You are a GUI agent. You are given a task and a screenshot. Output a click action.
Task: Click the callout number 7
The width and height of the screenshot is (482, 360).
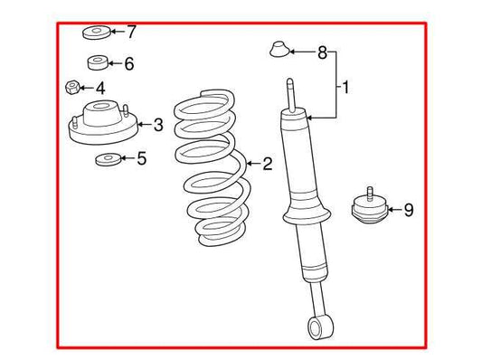tap(131, 33)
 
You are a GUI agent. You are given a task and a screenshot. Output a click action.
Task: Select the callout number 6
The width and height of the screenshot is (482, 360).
tap(129, 63)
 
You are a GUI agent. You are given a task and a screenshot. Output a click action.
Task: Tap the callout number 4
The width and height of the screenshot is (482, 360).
tap(100, 89)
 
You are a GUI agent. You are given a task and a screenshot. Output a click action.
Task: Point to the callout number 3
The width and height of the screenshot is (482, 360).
tap(157, 125)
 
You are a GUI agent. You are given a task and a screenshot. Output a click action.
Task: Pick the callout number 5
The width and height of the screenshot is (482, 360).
tap(141, 160)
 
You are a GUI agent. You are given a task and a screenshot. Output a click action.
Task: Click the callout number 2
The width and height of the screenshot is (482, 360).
tap(267, 164)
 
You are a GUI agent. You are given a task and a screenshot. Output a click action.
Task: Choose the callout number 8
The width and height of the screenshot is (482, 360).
tap(321, 53)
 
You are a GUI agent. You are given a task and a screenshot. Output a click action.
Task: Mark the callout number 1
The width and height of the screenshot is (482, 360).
tap(345, 88)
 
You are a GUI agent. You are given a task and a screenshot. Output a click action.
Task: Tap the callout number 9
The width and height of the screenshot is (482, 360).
tap(408, 211)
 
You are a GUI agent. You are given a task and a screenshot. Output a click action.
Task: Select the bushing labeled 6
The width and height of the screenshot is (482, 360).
tap(99, 63)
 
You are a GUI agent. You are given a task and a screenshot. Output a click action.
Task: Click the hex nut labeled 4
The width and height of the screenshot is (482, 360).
tap(73, 89)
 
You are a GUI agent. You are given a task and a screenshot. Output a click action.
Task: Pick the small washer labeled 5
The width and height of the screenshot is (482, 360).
tap(107, 161)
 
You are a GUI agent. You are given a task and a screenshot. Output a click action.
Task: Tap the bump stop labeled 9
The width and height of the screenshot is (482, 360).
tap(369, 210)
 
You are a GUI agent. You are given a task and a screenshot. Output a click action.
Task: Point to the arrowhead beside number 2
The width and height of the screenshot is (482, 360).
tap(249, 164)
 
